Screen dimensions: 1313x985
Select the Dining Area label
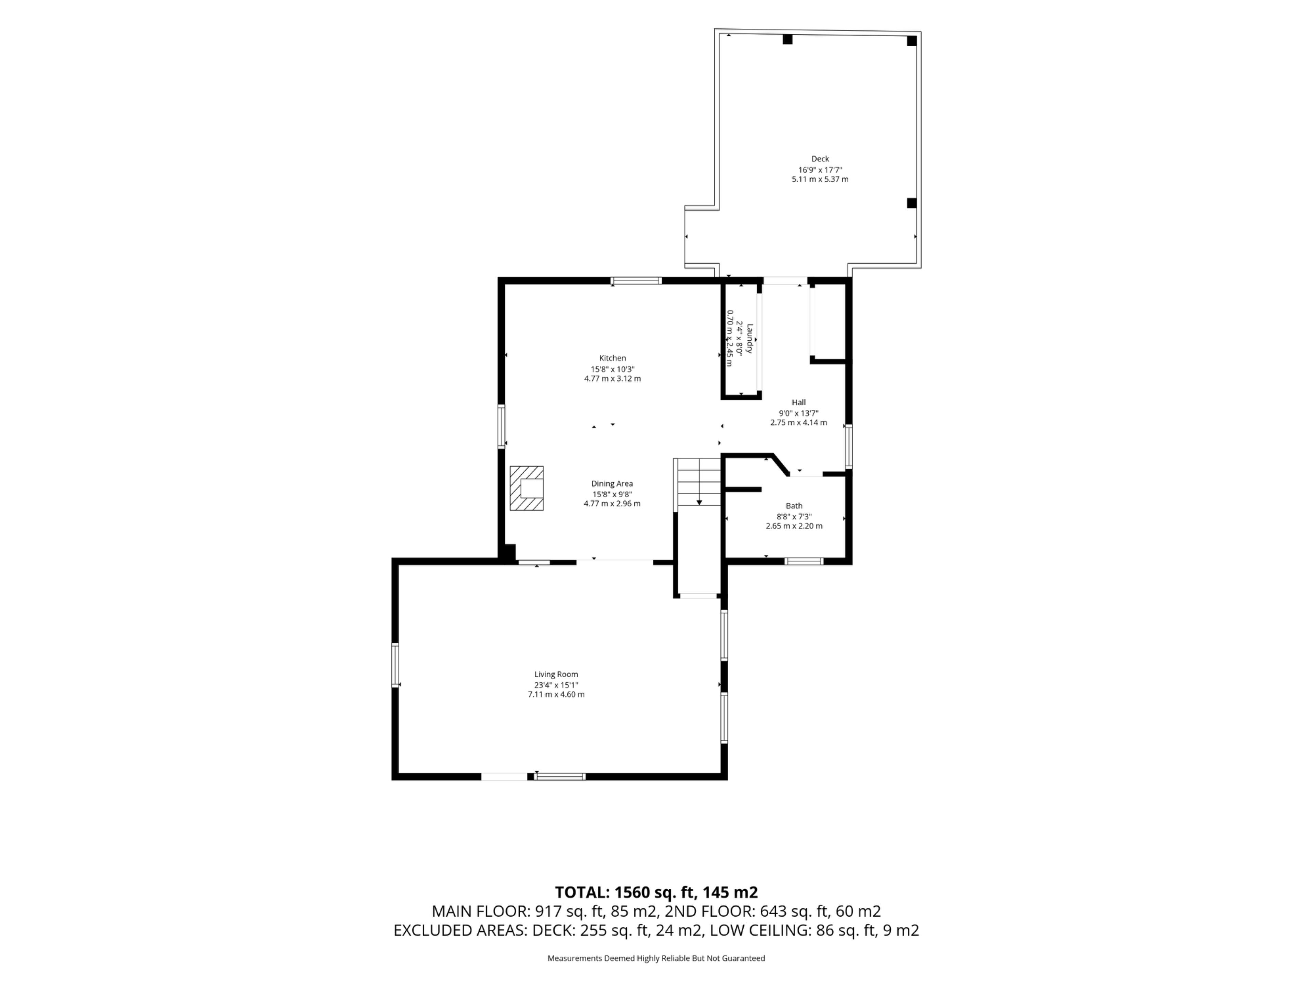[x=612, y=483]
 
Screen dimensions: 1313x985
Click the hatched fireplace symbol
[x=527, y=488]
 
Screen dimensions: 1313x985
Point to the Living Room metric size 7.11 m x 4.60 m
[x=556, y=694]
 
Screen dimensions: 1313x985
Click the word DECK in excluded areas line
[x=552, y=930]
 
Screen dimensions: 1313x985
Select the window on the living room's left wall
[x=395, y=665]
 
